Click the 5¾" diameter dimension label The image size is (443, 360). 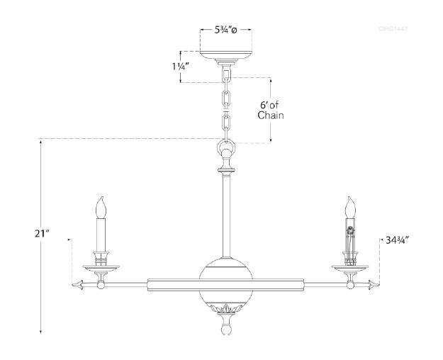pyautogui.click(x=226, y=31)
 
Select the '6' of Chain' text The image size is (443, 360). pyautogui.click(x=271, y=110)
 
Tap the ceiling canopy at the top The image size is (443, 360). pyautogui.click(x=226, y=55)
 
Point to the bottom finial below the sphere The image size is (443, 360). pyautogui.click(x=225, y=328)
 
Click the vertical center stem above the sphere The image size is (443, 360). pyautogui.click(x=225, y=216)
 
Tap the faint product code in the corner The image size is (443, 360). pyautogui.click(x=393, y=29)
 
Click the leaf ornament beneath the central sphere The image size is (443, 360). pyautogui.click(x=225, y=309)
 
